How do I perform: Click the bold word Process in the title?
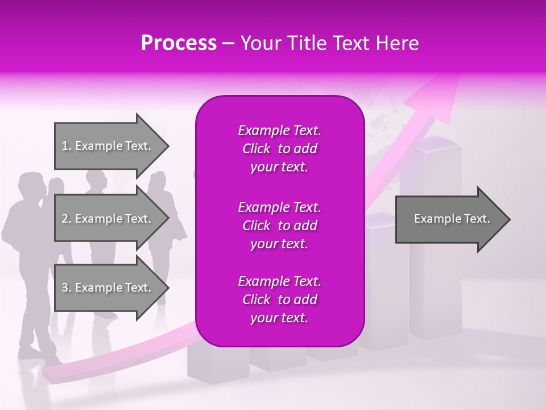[x=179, y=43]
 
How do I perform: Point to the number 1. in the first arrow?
[x=67, y=146]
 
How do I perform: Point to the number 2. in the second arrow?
[x=67, y=219]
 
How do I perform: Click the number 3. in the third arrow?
[x=67, y=288]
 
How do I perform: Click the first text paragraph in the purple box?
[x=279, y=149]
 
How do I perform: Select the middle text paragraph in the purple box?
[x=279, y=225]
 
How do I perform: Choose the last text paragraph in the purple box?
[x=279, y=300]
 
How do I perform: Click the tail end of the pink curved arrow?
[x=48, y=375]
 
